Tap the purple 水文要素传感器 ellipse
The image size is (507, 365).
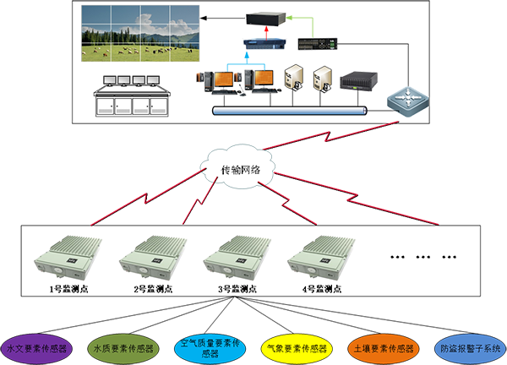pos(38,347)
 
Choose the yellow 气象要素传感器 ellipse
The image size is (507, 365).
pos(297,347)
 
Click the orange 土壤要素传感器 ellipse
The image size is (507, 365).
pos(383,347)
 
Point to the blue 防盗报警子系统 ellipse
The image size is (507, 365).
pos(469,347)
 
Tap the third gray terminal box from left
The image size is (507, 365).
pos(234,259)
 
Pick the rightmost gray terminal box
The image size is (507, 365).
pos(320,259)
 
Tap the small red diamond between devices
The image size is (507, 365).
pos(268,31)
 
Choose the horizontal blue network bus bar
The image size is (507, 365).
pos(286,110)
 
